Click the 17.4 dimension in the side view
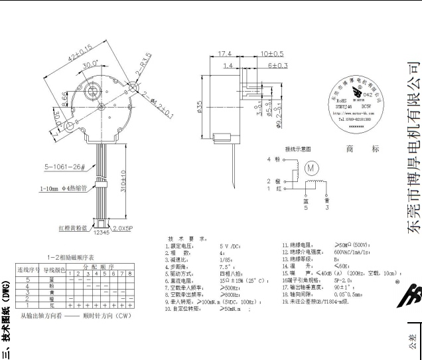coord(223,53)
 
